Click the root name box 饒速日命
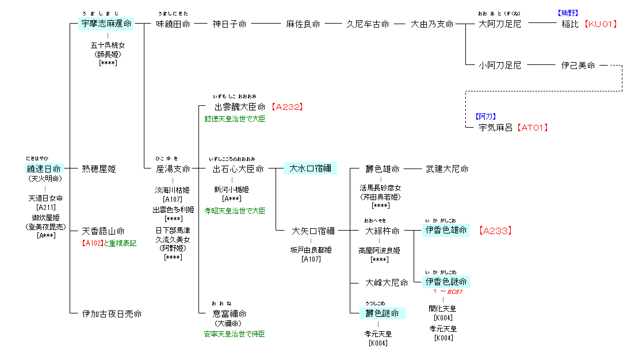pos(43,168)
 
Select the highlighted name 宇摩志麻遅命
pos(106,24)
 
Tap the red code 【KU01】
pos(601,24)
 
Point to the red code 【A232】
pos(286,107)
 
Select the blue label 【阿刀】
pos(487,116)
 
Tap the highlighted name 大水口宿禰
pos(309,168)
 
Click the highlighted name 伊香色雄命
pos(445,231)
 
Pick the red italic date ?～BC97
pos(446,292)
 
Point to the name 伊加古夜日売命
pos(112,314)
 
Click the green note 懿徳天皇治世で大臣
pos(235,119)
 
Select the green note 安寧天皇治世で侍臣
pos(235,334)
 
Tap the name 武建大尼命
pos(446,169)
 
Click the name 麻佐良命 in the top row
pos(303,24)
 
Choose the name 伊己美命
pos(578,66)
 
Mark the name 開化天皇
pos(443,309)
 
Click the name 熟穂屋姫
pos(98,169)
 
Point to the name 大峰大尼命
pos(387,283)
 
